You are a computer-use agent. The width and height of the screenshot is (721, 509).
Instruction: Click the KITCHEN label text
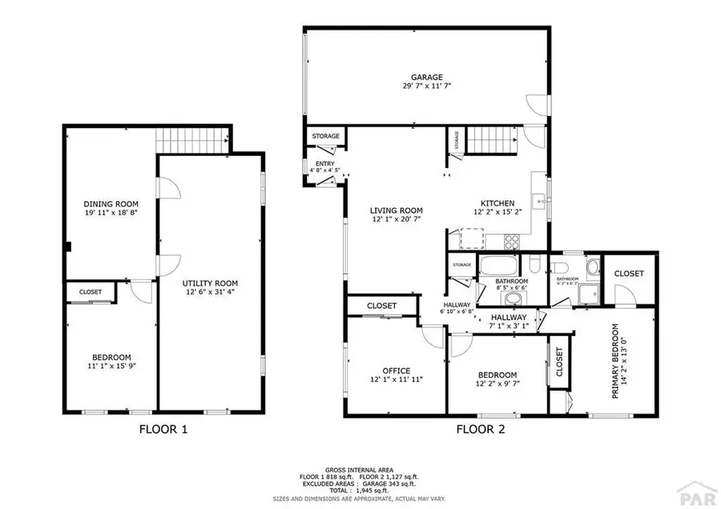click(497, 203)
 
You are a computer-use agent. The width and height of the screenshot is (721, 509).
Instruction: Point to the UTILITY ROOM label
click(210, 283)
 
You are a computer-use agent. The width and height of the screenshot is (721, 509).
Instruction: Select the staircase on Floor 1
click(192, 139)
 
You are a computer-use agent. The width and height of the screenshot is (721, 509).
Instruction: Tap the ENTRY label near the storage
click(324, 164)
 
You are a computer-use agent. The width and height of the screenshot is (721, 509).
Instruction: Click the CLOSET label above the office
click(382, 306)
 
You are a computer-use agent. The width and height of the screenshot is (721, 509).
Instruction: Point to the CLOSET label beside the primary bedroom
click(629, 274)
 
